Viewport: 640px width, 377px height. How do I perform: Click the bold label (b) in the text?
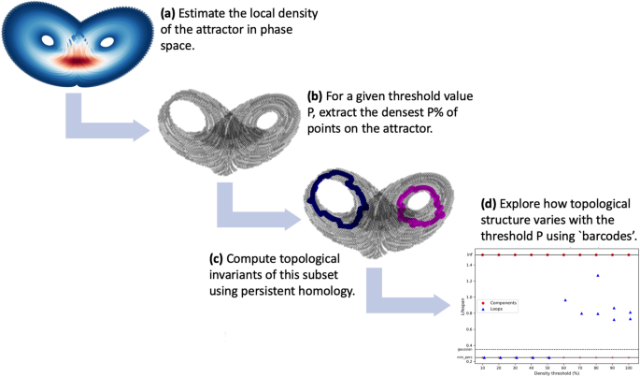click(x=316, y=96)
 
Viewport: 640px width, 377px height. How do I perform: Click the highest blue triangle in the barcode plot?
click(x=597, y=275)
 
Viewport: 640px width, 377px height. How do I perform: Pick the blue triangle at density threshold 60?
click(x=565, y=300)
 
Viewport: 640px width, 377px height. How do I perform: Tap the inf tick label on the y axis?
click(x=470, y=254)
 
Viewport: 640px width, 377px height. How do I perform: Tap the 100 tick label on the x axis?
click(x=629, y=366)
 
